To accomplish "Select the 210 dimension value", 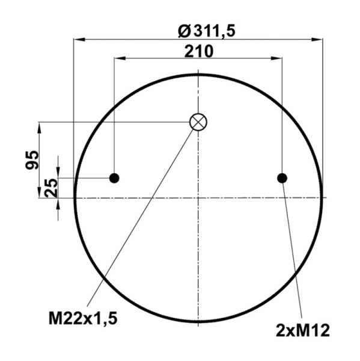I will click(x=198, y=51).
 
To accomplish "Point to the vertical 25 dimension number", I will click(x=51, y=187).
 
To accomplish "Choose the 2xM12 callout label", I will click(x=303, y=330).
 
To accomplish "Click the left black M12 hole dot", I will click(x=114, y=178).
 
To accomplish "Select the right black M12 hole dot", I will click(x=282, y=178).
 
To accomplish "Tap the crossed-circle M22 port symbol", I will click(x=198, y=122).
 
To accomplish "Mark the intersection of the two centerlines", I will click(x=198, y=197).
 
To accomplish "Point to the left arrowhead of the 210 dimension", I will click(x=118, y=59).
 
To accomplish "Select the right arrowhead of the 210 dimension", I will click(x=278, y=59).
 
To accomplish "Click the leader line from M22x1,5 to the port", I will click(x=141, y=217).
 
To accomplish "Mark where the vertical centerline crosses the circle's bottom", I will click(x=198, y=322).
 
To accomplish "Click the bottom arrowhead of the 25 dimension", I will click(x=58, y=202).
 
